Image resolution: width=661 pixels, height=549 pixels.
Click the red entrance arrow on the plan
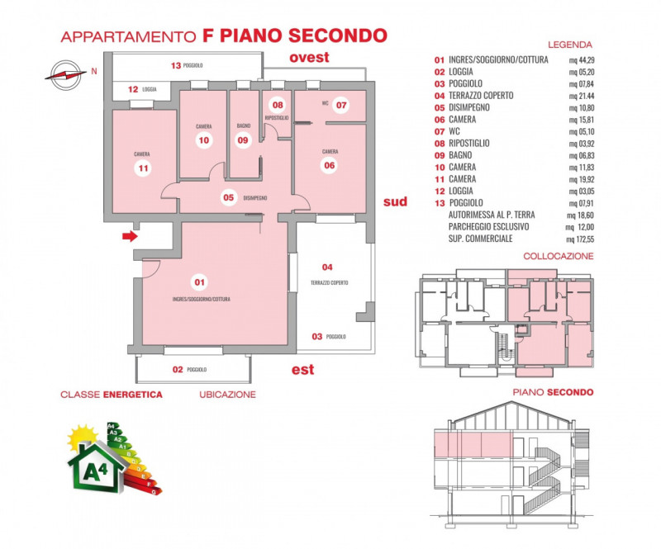pyautogui.click(x=128, y=237)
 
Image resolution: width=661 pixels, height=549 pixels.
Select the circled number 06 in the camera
pyautogui.click(x=329, y=165)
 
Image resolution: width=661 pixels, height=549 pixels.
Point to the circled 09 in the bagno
pyautogui.click(x=242, y=140)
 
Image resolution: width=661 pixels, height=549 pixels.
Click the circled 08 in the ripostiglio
pyautogui.click(x=278, y=105)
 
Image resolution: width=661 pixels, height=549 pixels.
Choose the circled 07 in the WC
pyautogui.click(x=340, y=105)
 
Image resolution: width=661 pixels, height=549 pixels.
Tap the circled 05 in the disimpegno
pyautogui.click(x=229, y=197)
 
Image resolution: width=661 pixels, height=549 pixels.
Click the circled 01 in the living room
pyautogui.click(x=198, y=283)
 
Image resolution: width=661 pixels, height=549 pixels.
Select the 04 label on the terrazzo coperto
pyautogui.click(x=327, y=267)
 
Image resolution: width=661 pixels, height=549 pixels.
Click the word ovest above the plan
pyautogui.click(x=309, y=57)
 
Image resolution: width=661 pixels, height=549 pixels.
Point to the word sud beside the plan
pyautogui.click(x=396, y=201)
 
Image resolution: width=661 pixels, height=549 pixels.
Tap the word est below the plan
pyautogui.click(x=302, y=369)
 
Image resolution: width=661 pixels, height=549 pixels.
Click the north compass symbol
pyautogui.click(x=63, y=73)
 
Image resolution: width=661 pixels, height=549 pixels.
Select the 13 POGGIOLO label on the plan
pyautogui.click(x=187, y=64)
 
